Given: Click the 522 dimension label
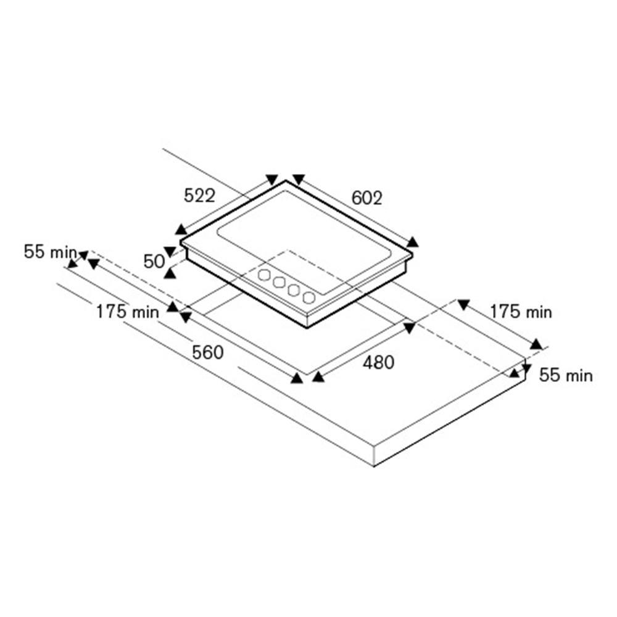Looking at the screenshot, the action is pyautogui.click(x=199, y=196).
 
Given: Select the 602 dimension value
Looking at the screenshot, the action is pyautogui.click(x=366, y=198).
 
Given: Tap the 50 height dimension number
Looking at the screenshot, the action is pyautogui.click(x=154, y=262).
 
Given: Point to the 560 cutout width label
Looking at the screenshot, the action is pyautogui.click(x=208, y=352).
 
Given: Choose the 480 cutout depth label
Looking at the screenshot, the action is pyautogui.click(x=379, y=362).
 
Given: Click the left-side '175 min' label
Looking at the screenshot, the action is pyautogui.click(x=128, y=312).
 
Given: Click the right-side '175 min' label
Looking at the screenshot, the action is pyautogui.click(x=521, y=312).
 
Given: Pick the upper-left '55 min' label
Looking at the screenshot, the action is pyautogui.click(x=51, y=252).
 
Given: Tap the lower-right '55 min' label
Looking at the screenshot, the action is pyautogui.click(x=566, y=375).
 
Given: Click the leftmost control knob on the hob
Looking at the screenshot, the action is pyautogui.click(x=265, y=275).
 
